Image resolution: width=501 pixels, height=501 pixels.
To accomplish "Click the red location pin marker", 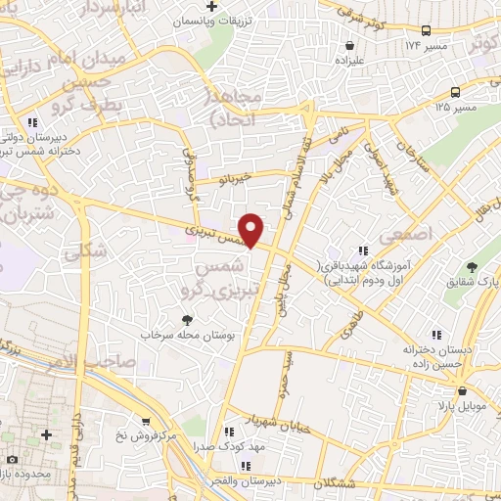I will click(x=252, y=229).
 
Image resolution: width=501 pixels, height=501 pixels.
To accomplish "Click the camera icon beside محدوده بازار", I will click(x=12, y=459).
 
